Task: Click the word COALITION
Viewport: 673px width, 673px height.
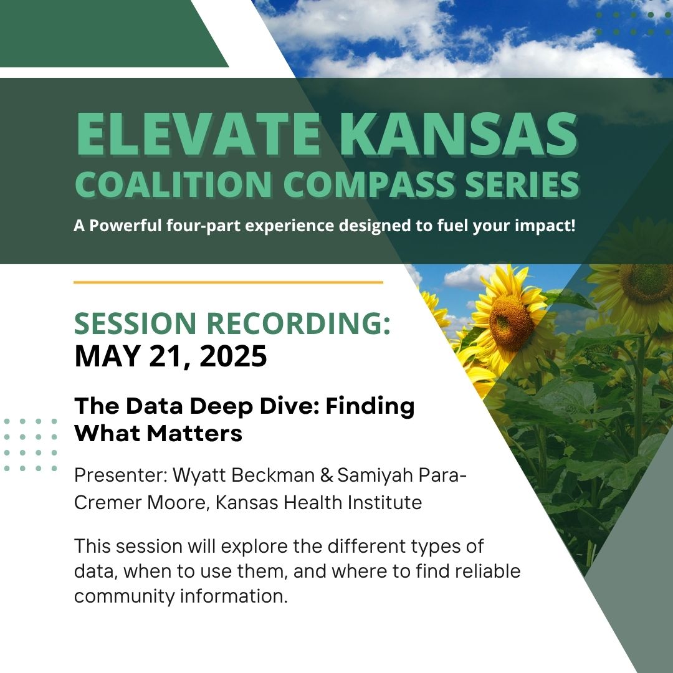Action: pyautogui.click(x=173, y=184)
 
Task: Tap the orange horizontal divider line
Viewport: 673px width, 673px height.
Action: pyautogui.click(x=228, y=282)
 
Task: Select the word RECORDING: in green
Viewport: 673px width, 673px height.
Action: pyautogui.click(x=299, y=323)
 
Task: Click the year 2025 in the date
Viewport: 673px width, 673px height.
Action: pyautogui.click(x=233, y=356)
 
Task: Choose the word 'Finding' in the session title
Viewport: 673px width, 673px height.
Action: pyautogui.click(x=370, y=406)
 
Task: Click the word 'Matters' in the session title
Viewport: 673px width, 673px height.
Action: pyautogui.click(x=194, y=433)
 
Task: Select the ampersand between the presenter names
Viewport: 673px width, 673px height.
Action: pyautogui.click(x=327, y=475)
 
